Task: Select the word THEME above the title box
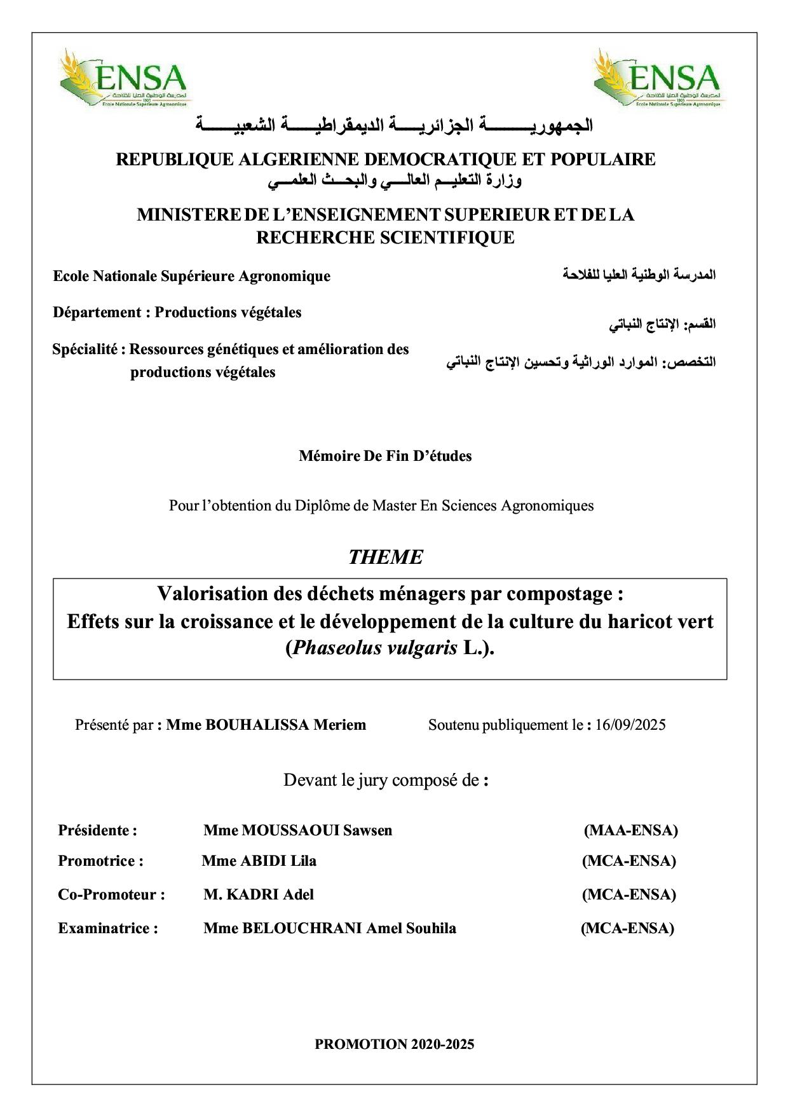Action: click(x=385, y=557)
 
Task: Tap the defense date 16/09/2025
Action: click(x=630, y=725)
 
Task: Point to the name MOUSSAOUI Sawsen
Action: click(x=297, y=830)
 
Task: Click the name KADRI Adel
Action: click(x=259, y=894)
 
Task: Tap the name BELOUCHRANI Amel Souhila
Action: click(x=329, y=928)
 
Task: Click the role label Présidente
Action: click(x=97, y=830)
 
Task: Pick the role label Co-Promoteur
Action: click(x=111, y=894)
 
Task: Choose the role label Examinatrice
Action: click(x=108, y=928)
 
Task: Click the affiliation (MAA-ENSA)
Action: click(x=630, y=830)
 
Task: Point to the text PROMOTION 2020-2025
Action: click(x=394, y=1044)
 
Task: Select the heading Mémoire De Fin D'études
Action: click(x=385, y=456)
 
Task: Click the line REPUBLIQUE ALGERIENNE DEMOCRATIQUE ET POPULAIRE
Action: click(x=385, y=159)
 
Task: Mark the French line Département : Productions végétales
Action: click(x=177, y=312)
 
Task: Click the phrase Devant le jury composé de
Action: click(x=385, y=780)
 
